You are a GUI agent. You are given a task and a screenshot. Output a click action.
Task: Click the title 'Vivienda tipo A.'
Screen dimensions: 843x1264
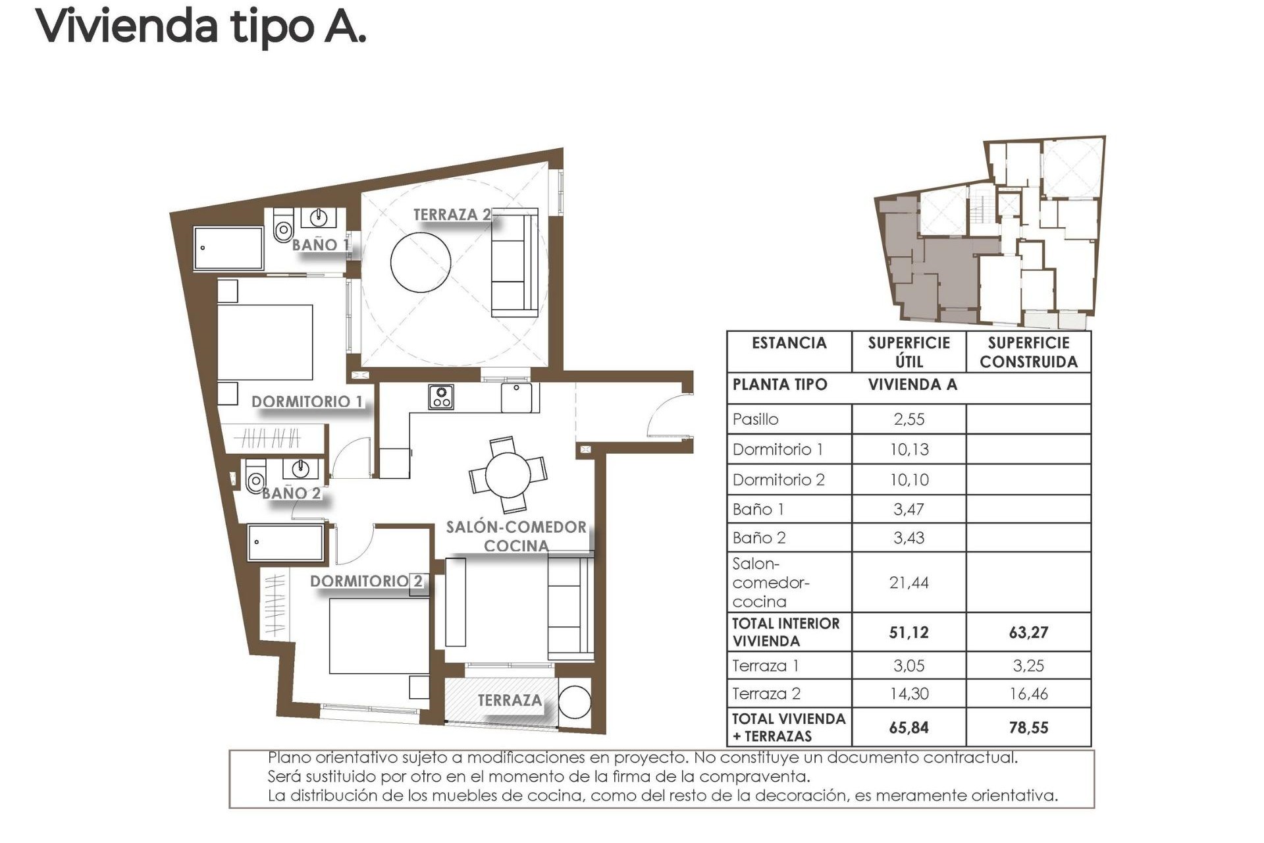(201, 26)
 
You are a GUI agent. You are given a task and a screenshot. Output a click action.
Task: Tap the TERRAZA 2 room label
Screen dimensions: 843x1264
(452, 215)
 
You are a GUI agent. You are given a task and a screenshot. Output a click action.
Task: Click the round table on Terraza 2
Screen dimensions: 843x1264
(421, 262)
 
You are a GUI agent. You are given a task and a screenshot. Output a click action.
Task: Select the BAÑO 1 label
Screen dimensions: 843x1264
(320, 245)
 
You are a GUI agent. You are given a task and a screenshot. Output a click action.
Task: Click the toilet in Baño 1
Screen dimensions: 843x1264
(283, 227)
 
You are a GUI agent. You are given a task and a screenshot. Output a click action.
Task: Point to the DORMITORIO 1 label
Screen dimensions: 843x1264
(307, 402)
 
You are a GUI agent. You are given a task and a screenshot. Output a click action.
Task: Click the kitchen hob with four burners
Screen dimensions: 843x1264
(440, 396)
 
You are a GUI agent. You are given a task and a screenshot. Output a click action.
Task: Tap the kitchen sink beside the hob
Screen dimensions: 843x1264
(517, 397)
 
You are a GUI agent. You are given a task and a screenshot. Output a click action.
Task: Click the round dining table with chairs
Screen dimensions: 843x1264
(508, 475)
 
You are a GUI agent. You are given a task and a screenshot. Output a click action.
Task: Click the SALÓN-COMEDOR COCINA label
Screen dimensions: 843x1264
(516, 536)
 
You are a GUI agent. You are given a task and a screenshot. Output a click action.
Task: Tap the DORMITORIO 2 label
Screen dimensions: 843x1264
(366, 581)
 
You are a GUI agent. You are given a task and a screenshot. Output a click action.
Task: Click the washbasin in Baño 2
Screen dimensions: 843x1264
(301, 469)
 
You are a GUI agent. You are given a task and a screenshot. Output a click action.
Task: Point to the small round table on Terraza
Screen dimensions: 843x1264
(575, 702)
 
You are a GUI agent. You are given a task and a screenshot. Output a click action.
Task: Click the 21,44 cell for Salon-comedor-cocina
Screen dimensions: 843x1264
(908, 582)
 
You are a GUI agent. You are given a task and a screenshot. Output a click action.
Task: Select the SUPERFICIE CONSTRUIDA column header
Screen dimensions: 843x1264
(1028, 352)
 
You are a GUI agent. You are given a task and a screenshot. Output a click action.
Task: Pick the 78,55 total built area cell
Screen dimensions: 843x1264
(1028, 728)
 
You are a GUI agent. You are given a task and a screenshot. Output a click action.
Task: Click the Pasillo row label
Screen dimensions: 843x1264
(756, 420)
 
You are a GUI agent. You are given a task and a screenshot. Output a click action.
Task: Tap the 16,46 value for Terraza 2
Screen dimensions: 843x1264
(1028, 693)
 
